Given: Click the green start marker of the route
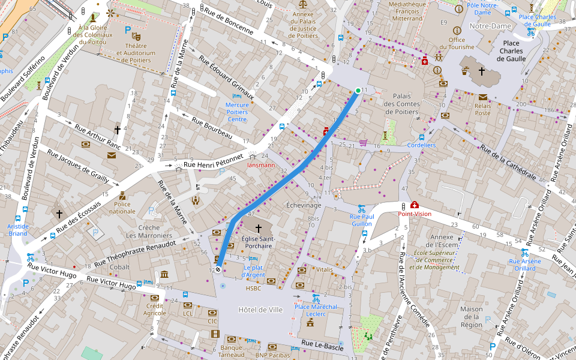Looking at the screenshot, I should tap(358, 91).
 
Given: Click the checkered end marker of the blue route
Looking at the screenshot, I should tap(218, 269).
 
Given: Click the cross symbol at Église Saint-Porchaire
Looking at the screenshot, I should tap(259, 229).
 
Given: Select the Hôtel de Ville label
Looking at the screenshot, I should tap(260, 310).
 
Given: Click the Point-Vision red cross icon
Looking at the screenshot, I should tap(414, 205).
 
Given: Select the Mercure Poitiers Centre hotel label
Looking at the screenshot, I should tap(236, 112).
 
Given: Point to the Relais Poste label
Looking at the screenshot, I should tap(483, 109).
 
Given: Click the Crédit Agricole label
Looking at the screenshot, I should tap(155, 309).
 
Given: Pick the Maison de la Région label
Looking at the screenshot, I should tap(472, 317).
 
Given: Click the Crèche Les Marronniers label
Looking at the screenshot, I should tap(155, 232).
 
